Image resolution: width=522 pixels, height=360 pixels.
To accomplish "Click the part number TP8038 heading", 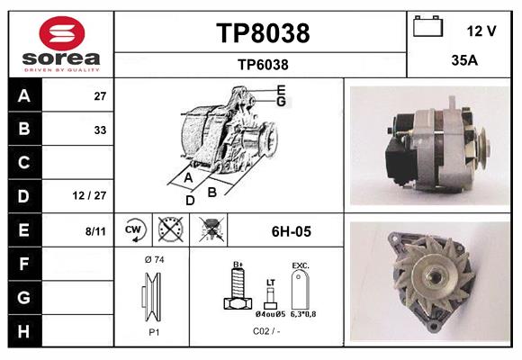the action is point(263,33).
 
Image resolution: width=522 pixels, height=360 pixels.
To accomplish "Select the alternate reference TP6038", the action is point(263,65).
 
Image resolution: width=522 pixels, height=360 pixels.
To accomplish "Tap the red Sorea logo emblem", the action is point(62,33).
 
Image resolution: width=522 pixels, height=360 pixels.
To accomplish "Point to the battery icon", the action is point(427,26).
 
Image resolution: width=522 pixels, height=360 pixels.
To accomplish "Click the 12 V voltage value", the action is point(481,31).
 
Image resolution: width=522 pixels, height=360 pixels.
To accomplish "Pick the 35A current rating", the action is point(464,60).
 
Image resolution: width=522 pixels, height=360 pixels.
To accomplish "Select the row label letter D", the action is point(24,196).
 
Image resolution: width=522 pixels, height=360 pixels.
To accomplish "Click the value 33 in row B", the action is point(100,130).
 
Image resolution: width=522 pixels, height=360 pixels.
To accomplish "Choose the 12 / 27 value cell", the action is point(89,195).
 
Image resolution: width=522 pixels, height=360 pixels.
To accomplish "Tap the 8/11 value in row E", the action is point(95,231).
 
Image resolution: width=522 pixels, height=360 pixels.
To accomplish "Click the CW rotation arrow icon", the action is point(133,229).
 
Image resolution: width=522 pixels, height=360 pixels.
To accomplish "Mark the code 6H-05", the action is point(292,231).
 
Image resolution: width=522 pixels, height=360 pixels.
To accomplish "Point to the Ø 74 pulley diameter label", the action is point(155,259).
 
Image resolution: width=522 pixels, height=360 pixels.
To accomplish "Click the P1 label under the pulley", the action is point(154,332).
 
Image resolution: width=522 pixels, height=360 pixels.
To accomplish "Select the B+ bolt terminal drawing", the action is point(238,286).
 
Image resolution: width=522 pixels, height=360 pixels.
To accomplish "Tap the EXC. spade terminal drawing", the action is point(301,289).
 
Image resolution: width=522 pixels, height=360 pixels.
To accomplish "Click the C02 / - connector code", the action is point(266,331).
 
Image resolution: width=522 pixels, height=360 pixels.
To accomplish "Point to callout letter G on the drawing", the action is point(282,101).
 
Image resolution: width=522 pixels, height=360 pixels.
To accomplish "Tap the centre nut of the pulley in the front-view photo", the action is point(433,276).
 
